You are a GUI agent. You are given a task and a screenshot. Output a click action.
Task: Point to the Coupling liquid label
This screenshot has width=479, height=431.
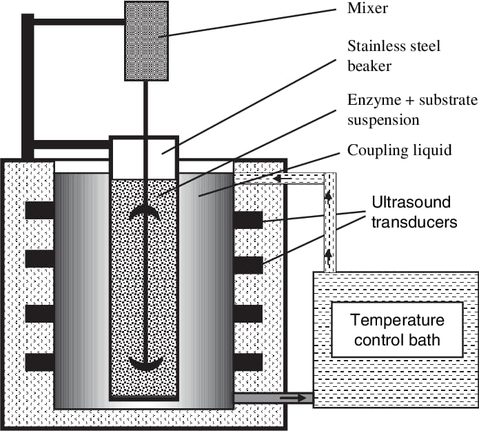[400, 150]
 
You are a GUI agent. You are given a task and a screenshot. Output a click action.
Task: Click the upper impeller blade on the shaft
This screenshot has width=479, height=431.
[145, 213]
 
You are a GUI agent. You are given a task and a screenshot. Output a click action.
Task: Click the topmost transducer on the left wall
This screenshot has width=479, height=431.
[40, 210]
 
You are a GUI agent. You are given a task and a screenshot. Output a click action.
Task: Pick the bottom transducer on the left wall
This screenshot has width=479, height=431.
[40, 362]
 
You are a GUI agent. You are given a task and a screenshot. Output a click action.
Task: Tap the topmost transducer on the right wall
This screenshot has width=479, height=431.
[248, 221]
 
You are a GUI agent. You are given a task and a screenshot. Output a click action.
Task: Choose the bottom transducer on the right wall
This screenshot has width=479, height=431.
[248, 362]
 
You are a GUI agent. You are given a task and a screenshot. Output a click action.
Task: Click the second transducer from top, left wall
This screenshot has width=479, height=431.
[40, 259]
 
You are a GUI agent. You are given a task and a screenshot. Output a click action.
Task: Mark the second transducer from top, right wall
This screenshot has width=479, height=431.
[248, 265]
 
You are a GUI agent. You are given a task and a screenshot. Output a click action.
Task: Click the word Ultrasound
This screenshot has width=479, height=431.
[411, 203]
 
